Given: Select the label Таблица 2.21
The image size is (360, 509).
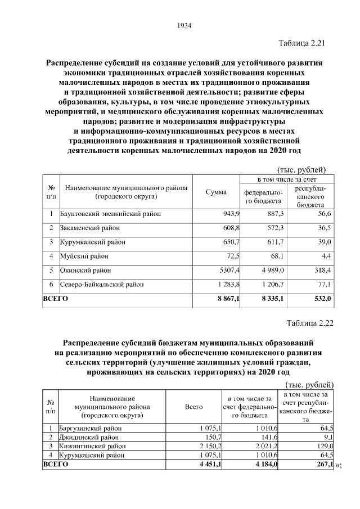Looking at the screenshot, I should [x=302, y=43].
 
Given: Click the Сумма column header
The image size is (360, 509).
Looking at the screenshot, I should [x=217, y=192].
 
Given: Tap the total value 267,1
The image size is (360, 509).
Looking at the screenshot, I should [x=323, y=464].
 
